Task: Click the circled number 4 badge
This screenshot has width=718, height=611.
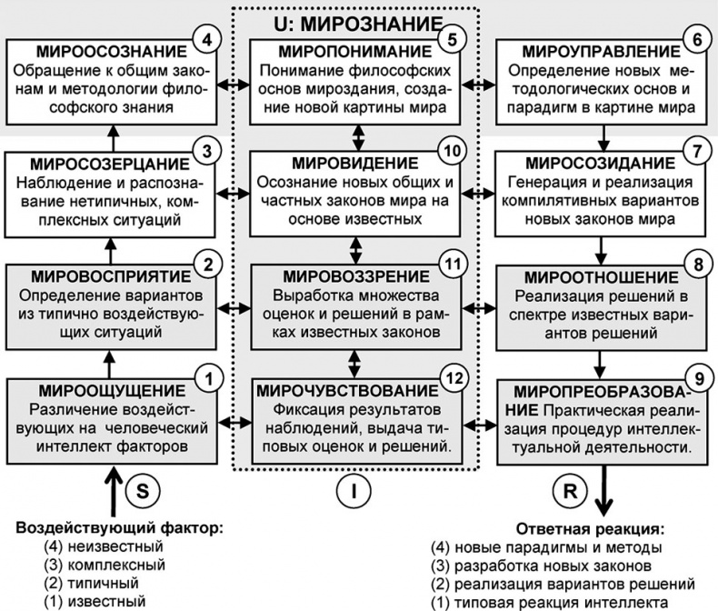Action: point(208,41)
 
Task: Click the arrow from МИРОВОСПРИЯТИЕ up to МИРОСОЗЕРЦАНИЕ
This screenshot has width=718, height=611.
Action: point(112,245)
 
